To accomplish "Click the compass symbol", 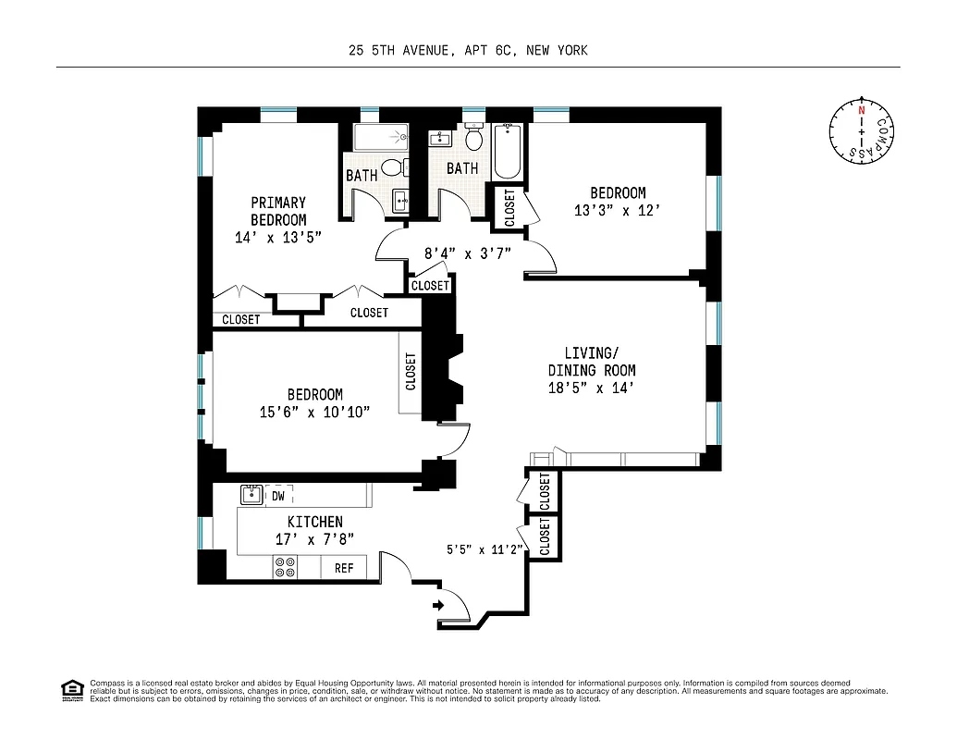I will click(x=862, y=133).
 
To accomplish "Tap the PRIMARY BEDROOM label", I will click(x=278, y=211).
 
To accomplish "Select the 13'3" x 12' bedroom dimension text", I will click(x=618, y=211).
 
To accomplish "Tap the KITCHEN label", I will click(x=314, y=522).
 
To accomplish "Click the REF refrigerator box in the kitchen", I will click(x=344, y=568).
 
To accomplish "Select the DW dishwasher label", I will click(x=278, y=496).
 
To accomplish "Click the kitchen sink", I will click(x=252, y=495).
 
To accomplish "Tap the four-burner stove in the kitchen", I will click(x=285, y=567).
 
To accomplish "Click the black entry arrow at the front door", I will click(x=438, y=606).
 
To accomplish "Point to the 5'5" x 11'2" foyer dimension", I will click(x=485, y=549).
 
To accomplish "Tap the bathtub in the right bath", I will click(x=507, y=151).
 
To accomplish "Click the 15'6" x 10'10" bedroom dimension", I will click(x=314, y=411).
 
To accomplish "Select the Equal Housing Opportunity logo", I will click(x=71, y=689).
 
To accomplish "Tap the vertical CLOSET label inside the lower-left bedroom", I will click(x=411, y=371).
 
